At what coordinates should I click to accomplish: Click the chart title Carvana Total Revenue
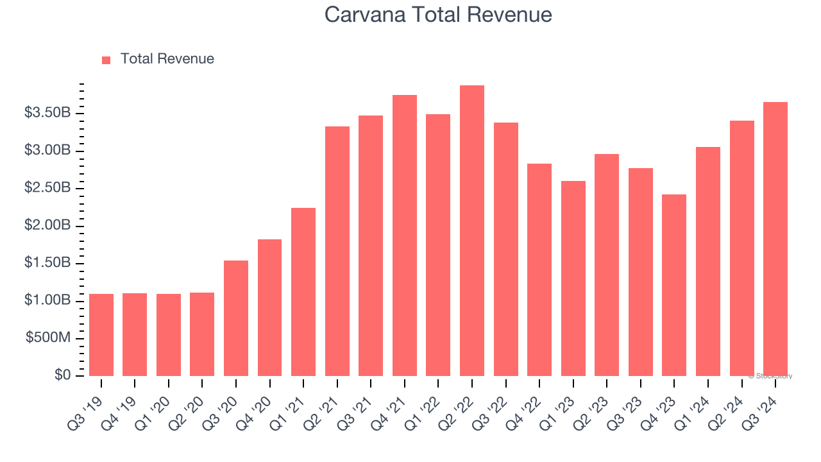click(x=438, y=14)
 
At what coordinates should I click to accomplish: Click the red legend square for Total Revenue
click(x=106, y=60)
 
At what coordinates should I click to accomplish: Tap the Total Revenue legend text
click(x=167, y=59)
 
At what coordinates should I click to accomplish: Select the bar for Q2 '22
click(x=472, y=231)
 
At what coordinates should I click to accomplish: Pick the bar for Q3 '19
click(x=101, y=335)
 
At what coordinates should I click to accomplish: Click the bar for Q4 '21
click(x=405, y=235)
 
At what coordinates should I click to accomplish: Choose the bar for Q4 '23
click(x=674, y=286)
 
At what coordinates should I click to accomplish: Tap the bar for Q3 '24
click(x=775, y=239)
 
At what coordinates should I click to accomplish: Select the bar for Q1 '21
click(x=303, y=292)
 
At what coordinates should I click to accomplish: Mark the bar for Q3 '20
click(x=236, y=318)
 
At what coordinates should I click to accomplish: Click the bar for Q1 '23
click(x=573, y=278)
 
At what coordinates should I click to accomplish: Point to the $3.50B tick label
click(x=47, y=114)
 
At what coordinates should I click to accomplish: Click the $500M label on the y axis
click(x=48, y=338)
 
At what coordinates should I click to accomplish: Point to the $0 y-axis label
click(x=62, y=375)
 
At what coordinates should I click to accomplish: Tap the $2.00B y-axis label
click(x=47, y=226)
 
